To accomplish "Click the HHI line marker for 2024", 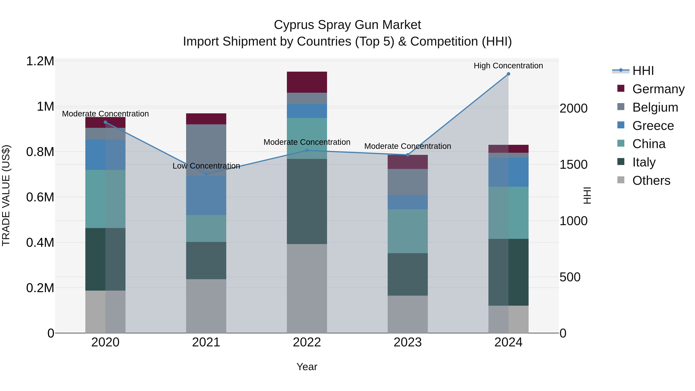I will [508, 74].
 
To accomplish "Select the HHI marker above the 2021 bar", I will [206, 174].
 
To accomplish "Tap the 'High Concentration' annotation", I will [508, 66].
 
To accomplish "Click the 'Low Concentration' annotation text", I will [206, 166].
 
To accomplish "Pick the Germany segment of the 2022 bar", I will [307, 82].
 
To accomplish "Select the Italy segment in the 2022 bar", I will [307, 201].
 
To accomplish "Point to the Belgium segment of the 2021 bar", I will [206, 150].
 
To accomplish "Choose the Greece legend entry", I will [653, 126].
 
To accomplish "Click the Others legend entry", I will [651, 181].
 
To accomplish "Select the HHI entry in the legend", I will [643, 71].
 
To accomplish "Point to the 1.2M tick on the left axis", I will [40, 61].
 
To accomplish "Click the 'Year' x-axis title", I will [307, 367].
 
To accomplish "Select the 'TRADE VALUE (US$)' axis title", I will [6, 196].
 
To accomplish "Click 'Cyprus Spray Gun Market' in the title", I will [347, 25].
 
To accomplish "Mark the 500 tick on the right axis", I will [570, 277].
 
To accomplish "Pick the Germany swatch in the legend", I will [621, 88].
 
